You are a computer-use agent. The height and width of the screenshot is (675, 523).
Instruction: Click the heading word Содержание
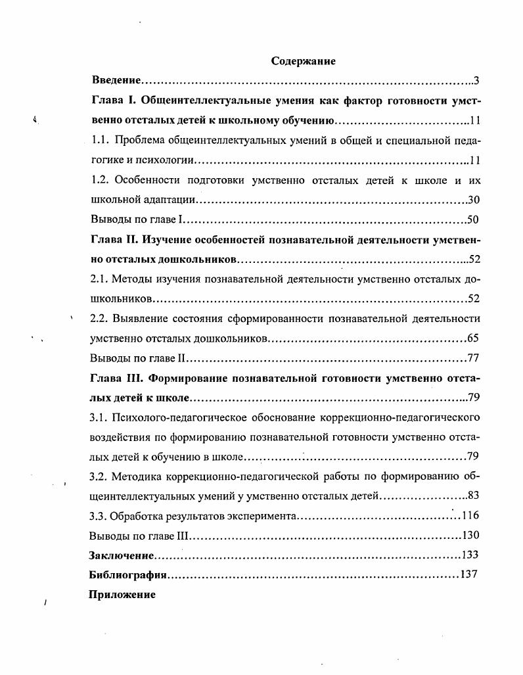click(303, 61)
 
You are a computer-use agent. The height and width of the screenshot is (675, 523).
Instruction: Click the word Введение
click(116, 81)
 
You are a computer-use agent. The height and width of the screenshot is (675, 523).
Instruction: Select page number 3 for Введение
click(476, 81)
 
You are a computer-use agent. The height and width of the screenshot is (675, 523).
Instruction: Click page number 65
click(473, 338)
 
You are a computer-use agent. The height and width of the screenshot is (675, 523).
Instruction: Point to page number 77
click(473, 358)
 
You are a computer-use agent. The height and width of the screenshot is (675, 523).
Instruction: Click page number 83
click(473, 496)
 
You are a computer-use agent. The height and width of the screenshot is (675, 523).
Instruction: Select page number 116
click(470, 516)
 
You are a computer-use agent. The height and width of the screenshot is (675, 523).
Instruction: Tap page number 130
click(470, 536)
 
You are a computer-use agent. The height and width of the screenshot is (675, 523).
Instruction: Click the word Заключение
click(122, 555)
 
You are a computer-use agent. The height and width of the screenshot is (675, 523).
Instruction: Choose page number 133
click(470, 555)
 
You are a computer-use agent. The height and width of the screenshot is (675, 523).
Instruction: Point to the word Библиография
click(127, 575)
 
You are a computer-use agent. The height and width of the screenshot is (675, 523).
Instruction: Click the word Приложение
click(122, 595)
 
